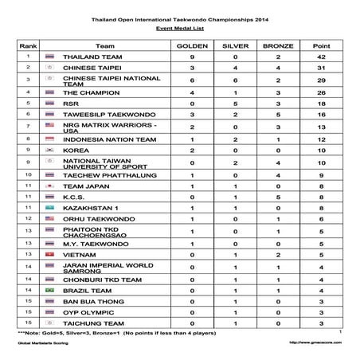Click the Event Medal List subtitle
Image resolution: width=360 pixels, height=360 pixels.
point(179,26)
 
